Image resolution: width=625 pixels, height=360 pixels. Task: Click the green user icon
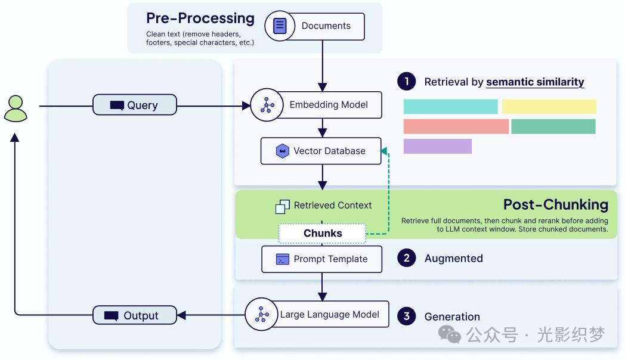click(16, 108)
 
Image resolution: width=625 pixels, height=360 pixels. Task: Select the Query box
click(135, 105)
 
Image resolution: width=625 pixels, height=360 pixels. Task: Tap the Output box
click(135, 315)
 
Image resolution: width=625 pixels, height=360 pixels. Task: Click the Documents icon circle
click(280, 26)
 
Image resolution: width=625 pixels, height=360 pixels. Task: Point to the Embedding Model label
click(329, 105)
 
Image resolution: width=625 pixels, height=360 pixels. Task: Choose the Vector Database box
click(321, 151)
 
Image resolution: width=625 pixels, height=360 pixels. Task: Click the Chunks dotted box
click(322, 233)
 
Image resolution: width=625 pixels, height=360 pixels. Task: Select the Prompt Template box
click(321, 259)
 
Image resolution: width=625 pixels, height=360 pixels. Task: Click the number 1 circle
click(407, 82)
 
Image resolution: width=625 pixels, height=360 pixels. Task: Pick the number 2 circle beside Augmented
click(407, 258)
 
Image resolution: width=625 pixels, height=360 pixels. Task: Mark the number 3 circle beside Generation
click(407, 316)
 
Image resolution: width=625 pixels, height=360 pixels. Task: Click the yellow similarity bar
click(549, 107)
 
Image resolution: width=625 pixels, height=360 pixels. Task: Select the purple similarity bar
click(437, 146)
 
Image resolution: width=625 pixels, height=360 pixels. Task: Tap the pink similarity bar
click(456, 126)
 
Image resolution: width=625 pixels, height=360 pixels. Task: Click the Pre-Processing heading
click(200, 18)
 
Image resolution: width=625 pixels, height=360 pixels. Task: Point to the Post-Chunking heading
click(555, 205)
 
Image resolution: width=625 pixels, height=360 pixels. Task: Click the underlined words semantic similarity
click(535, 82)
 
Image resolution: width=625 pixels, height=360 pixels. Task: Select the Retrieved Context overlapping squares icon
click(282, 206)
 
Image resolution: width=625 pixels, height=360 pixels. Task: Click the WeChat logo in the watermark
click(450, 334)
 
